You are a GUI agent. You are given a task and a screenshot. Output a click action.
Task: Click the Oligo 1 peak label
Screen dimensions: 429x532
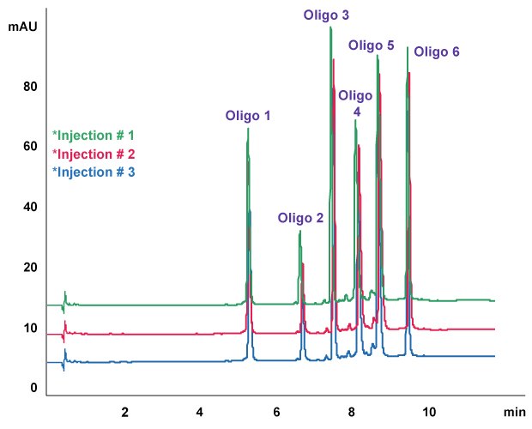pos(248,116)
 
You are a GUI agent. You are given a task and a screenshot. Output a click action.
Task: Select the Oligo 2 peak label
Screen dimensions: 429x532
pos(299,218)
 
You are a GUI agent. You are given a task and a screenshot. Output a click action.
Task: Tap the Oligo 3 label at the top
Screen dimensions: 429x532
pos(327,15)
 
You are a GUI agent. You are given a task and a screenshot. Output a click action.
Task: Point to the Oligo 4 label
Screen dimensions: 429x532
pos(355,103)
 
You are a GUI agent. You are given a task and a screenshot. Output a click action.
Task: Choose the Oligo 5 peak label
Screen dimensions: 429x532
pos(372,45)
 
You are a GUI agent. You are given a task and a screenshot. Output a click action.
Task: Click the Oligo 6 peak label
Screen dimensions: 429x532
pos(437,52)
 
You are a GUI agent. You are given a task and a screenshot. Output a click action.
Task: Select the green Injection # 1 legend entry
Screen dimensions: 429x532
pos(94,136)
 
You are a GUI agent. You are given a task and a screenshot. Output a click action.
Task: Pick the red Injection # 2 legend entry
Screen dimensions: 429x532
pos(94,154)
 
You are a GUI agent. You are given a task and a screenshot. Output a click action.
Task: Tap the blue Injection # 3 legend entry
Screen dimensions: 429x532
pos(94,172)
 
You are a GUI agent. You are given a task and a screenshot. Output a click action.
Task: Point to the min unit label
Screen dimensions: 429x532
pos(514,413)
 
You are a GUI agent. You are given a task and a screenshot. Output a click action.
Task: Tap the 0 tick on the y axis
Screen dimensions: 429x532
pos(34,389)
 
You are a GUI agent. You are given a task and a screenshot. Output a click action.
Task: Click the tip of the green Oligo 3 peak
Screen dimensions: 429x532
pos(330,27)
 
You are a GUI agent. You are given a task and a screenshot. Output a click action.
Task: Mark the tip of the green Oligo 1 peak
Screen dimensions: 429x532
pos(248,129)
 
